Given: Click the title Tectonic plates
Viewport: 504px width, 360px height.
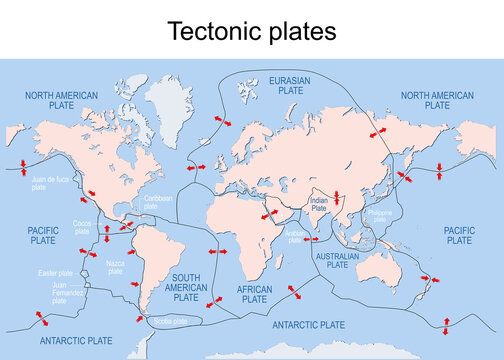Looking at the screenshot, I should point(252,31).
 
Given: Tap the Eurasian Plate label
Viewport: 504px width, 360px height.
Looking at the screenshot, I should point(289,84).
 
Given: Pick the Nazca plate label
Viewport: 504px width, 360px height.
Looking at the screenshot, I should point(115,266).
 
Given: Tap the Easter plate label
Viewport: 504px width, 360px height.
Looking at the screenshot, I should point(55,273).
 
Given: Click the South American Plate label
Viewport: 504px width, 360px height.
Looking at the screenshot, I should point(187,287).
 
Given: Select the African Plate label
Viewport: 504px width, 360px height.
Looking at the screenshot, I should point(255,293).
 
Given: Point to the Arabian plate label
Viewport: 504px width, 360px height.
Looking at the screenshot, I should point(295,234).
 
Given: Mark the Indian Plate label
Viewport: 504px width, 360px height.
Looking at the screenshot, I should point(319,204).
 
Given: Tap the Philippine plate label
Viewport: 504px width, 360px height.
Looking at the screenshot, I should point(381,215).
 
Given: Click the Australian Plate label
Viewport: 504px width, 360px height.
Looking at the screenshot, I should point(337,260).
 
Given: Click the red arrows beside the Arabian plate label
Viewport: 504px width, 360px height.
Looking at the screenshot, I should point(310,240).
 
